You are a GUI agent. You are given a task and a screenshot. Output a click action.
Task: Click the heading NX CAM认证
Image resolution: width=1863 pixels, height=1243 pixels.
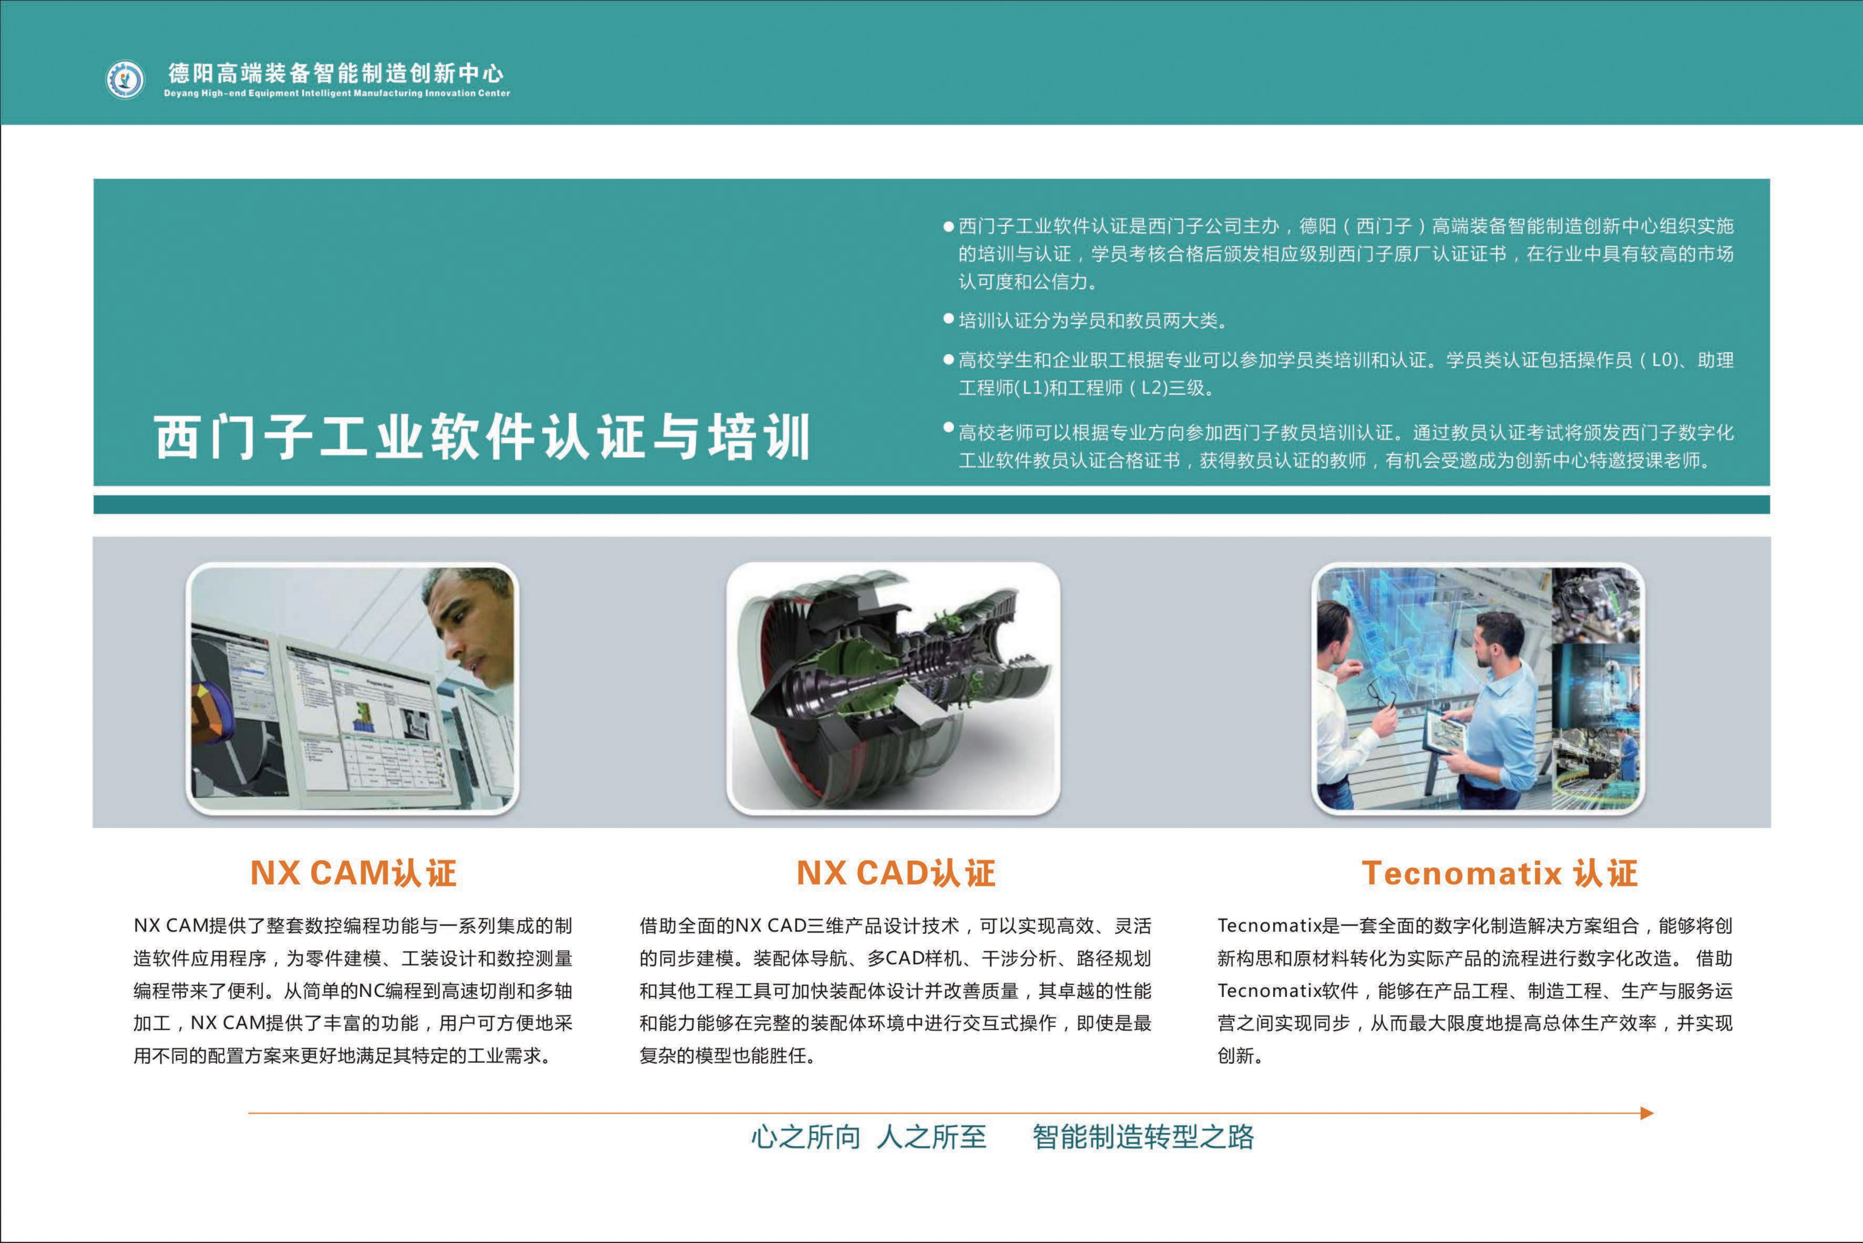click(x=353, y=873)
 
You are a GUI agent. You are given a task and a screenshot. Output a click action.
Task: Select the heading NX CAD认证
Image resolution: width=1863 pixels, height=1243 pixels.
click(x=895, y=873)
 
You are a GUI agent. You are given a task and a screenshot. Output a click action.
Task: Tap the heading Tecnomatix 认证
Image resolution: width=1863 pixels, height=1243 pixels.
click(x=1499, y=873)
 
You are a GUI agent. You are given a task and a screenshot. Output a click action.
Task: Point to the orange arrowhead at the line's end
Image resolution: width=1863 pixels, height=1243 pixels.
click(x=1647, y=1113)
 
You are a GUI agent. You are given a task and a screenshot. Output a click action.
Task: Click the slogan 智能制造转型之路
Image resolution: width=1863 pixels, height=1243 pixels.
click(x=1143, y=1137)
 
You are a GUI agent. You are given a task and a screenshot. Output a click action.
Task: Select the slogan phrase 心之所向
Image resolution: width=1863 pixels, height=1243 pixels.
click(x=805, y=1137)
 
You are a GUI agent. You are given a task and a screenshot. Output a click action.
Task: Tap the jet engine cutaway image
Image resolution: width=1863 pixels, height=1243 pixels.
click(x=893, y=688)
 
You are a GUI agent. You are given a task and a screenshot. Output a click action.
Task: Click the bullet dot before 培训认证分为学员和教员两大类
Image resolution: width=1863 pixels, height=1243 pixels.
click(x=948, y=319)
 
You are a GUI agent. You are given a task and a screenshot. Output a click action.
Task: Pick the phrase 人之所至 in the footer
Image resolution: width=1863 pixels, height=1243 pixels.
click(x=931, y=1137)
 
